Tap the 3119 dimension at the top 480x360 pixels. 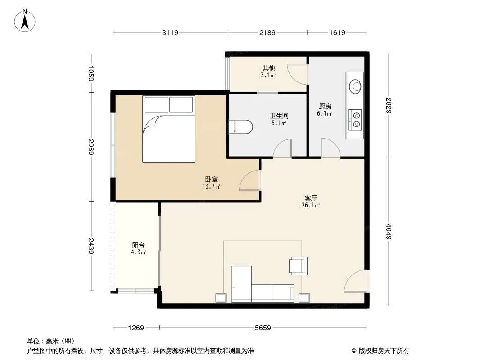coord(170,32)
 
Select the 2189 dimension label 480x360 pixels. coord(267,32)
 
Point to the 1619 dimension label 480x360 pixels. coord(337,32)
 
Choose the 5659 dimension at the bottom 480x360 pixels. coord(263,328)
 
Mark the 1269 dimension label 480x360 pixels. coord(136,328)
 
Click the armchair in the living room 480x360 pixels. coord(298,265)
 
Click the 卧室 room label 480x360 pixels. coord(211,179)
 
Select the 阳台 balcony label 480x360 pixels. coord(138,245)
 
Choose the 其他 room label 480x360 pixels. coord(269,68)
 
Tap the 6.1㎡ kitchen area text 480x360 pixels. coord(325,114)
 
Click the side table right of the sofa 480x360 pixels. coord(304,298)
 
